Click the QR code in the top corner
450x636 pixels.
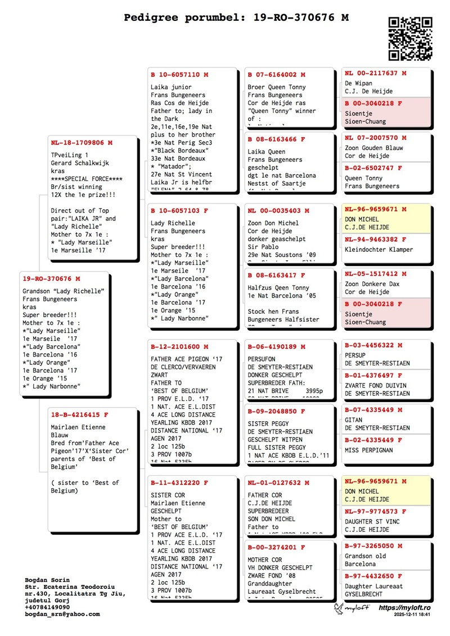point(411,38)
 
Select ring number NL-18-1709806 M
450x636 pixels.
point(82,143)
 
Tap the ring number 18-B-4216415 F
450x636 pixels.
point(79,415)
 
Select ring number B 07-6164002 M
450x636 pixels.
point(276,75)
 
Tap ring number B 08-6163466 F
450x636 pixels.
point(276,139)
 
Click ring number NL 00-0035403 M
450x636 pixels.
point(276,211)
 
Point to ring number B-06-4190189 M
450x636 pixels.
point(276,347)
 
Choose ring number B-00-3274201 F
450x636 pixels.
point(276,547)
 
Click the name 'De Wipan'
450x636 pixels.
point(358,83)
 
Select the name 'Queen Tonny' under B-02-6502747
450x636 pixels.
point(364,178)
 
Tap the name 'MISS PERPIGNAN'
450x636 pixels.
point(369,450)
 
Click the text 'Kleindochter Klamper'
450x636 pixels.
point(379,248)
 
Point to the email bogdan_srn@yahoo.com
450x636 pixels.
point(62,614)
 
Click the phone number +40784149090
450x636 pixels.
point(47,607)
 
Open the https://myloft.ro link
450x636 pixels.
point(405,608)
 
